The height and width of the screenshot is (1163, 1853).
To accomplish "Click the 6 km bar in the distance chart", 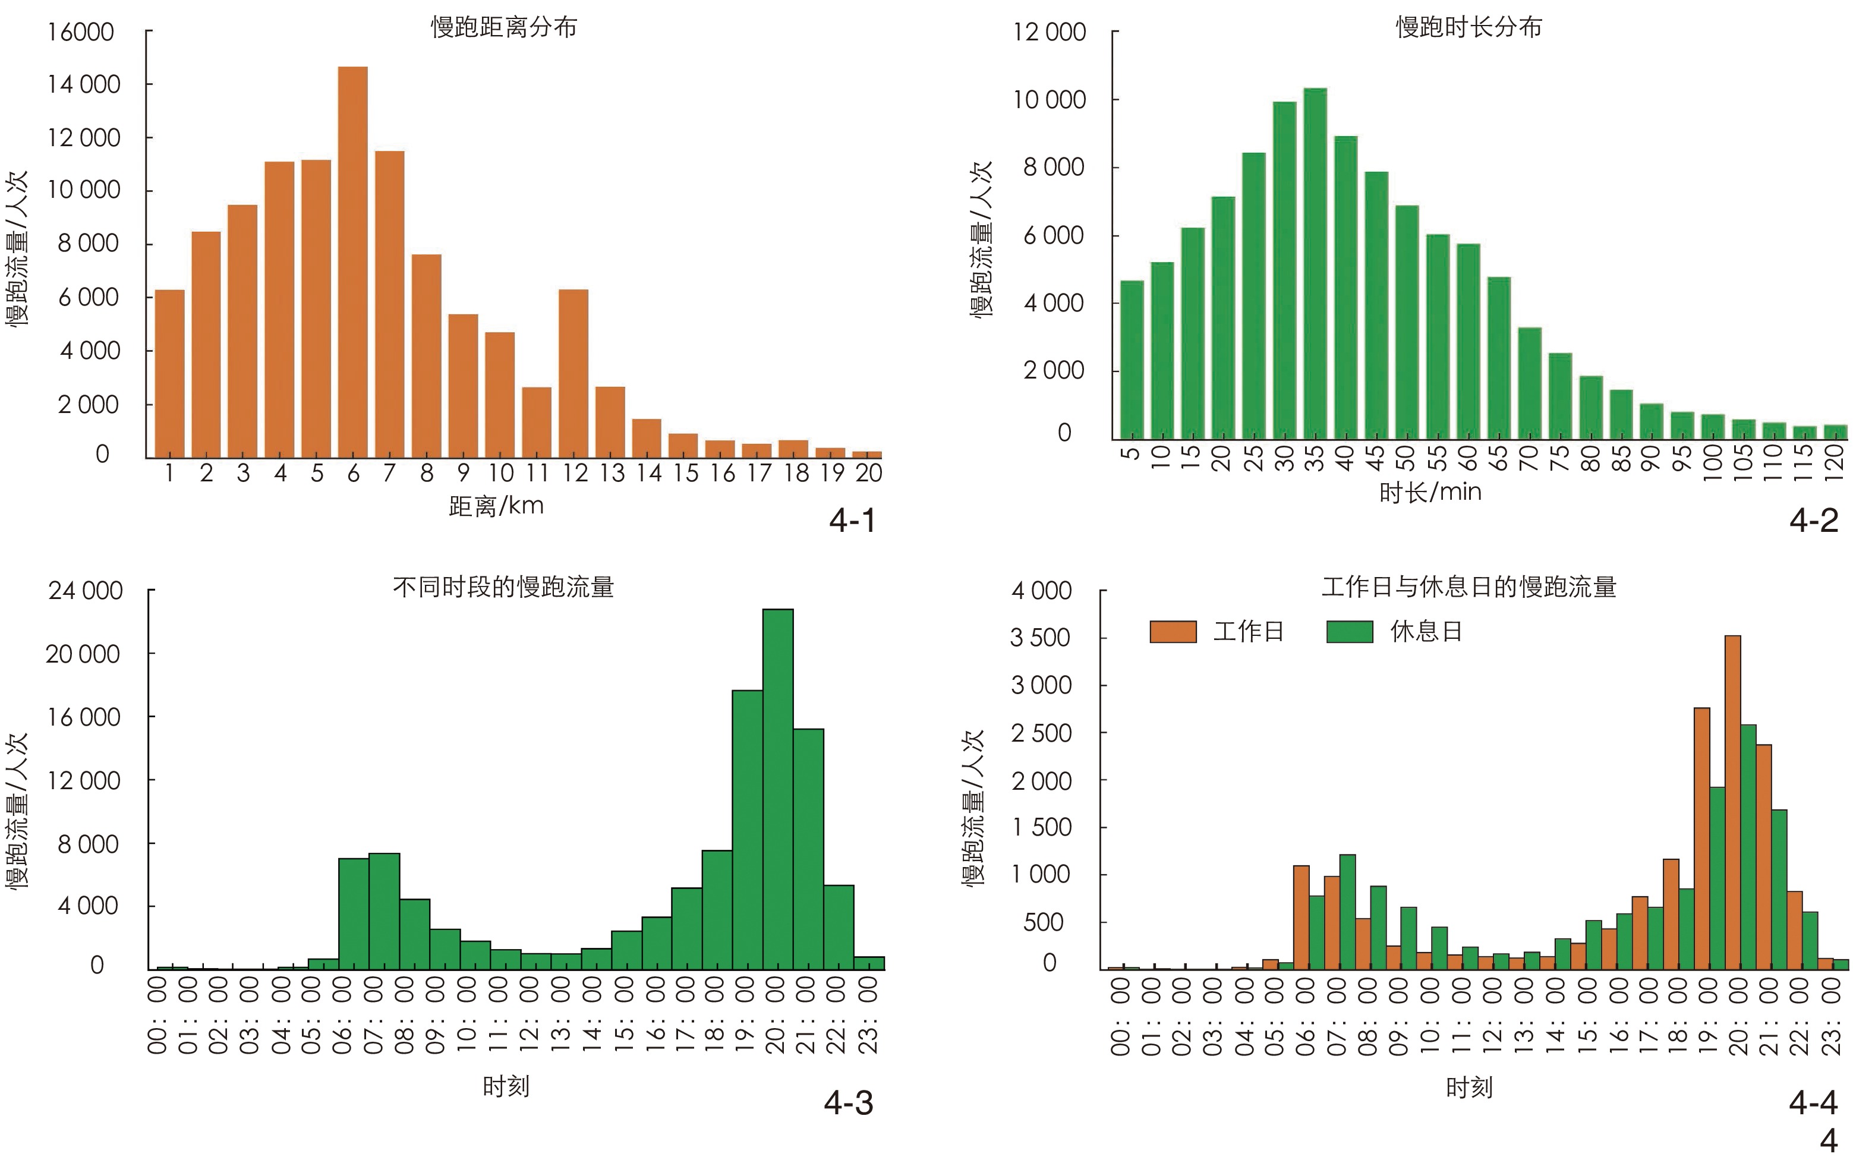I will click(352, 261).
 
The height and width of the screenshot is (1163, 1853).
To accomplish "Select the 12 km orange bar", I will click(573, 373).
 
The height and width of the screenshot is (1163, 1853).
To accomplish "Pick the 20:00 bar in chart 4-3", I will click(778, 789).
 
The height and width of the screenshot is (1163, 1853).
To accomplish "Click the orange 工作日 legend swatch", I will click(1173, 632).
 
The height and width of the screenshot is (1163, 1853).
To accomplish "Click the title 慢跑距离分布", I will click(504, 28).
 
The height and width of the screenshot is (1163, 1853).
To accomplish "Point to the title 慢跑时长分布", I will click(1468, 28).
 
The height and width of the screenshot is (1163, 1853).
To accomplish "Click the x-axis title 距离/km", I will click(496, 506).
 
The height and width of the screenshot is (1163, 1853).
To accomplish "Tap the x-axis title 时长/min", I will click(1430, 491).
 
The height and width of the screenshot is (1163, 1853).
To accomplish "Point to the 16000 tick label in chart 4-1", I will click(81, 32).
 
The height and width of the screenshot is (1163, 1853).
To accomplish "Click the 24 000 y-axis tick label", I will click(84, 591).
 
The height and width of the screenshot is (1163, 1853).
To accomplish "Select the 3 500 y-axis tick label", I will click(1040, 638).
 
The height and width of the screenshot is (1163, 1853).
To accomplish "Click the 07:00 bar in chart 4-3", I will click(384, 912).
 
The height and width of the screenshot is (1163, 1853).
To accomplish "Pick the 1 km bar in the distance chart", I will click(169, 373).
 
